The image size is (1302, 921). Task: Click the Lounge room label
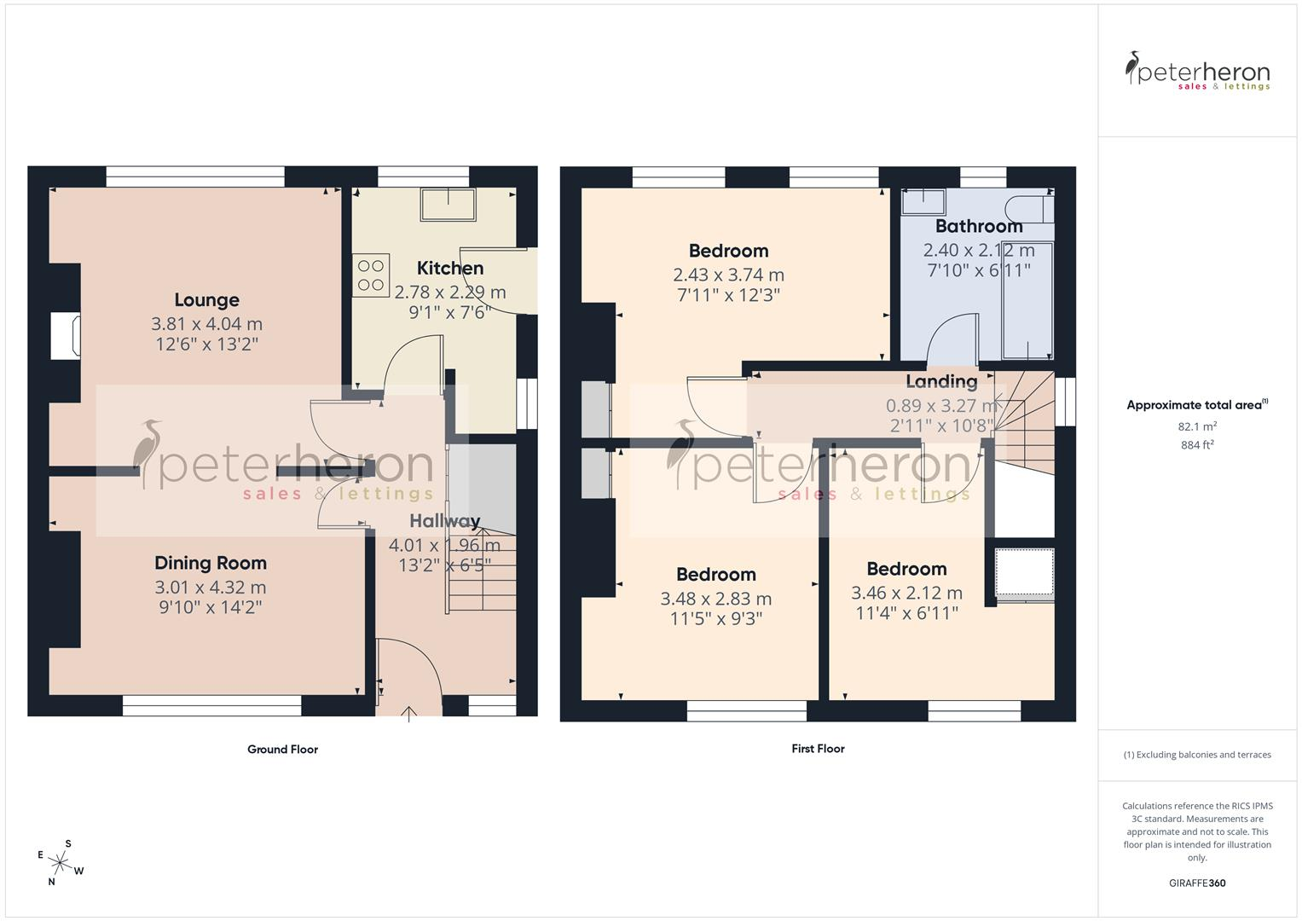(x=207, y=300)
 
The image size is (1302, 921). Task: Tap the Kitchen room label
(x=450, y=268)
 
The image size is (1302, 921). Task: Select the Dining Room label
(x=211, y=563)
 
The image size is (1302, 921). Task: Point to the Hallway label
(x=444, y=521)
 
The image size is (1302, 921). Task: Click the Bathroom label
(x=979, y=226)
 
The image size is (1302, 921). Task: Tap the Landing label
(x=941, y=381)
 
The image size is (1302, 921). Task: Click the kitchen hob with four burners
(x=371, y=275)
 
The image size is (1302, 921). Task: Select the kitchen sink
(x=448, y=204)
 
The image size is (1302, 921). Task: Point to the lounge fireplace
(x=66, y=336)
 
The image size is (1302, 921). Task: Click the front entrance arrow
(x=408, y=714)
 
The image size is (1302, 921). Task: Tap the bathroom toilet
(x=1029, y=210)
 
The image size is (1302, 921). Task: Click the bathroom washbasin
(x=923, y=202)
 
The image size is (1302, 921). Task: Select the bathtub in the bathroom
(x=1027, y=300)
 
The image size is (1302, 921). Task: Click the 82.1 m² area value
(x=1197, y=426)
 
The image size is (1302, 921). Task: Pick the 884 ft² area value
(x=1197, y=445)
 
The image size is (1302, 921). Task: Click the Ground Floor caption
(x=282, y=750)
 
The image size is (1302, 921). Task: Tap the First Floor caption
(x=818, y=749)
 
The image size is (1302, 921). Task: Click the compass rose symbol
(x=60, y=863)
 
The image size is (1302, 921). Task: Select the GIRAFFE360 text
(x=1197, y=883)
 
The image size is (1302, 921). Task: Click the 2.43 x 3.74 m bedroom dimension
(x=728, y=275)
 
